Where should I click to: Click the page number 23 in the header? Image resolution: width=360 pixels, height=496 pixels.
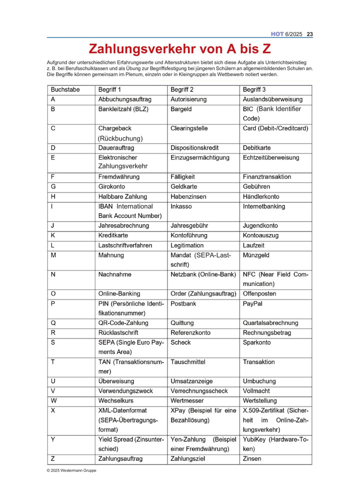(x=309, y=34)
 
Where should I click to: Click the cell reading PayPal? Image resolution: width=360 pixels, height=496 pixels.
(x=252, y=303)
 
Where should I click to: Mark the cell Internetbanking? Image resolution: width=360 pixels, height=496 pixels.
(x=264, y=206)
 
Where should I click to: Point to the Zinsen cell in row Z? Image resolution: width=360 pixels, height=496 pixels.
(x=252, y=458)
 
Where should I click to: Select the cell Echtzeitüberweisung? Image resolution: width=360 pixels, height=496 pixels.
(x=271, y=158)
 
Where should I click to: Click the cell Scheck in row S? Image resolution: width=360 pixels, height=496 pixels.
(x=180, y=342)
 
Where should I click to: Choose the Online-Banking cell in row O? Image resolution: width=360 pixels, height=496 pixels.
(x=119, y=293)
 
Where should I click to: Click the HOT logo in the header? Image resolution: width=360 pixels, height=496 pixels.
(x=277, y=34)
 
